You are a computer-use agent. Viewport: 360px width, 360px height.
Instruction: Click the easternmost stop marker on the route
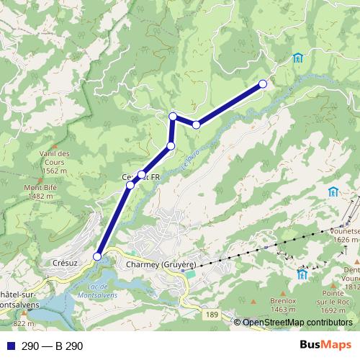pyautogui.click(x=263, y=84)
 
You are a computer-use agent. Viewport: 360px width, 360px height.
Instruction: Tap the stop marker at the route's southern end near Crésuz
pyautogui.click(x=97, y=256)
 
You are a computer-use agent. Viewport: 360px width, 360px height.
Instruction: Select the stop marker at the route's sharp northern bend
pyautogui.click(x=173, y=116)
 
